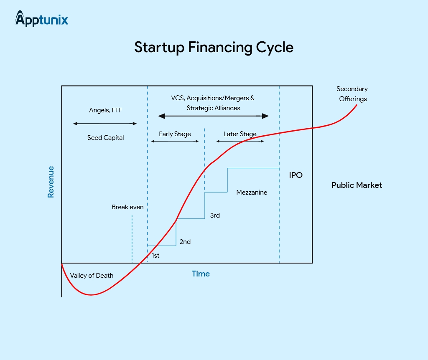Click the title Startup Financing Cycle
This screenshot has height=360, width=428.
(214, 48)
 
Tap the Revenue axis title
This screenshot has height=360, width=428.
(51, 182)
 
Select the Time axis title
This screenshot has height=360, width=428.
(201, 274)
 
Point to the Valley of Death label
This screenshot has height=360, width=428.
(92, 276)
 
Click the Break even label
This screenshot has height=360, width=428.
(127, 207)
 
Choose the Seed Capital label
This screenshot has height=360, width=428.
(106, 138)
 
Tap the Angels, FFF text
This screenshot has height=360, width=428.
(106, 110)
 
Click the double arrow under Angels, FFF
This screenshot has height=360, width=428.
(105, 124)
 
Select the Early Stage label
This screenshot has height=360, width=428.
(175, 134)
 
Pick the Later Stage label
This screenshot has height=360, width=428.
(240, 134)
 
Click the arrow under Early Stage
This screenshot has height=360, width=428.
(175, 141)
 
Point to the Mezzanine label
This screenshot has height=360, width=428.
(252, 193)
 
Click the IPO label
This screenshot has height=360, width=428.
(296, 175)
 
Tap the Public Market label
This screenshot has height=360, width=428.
(357, 185)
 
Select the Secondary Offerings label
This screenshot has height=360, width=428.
(352, 94)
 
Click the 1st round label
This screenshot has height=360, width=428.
(155, 256)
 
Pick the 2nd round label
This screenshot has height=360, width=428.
(185, 242)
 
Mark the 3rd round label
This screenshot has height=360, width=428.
(215, 215)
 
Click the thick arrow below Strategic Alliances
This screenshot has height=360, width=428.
(214, 116)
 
